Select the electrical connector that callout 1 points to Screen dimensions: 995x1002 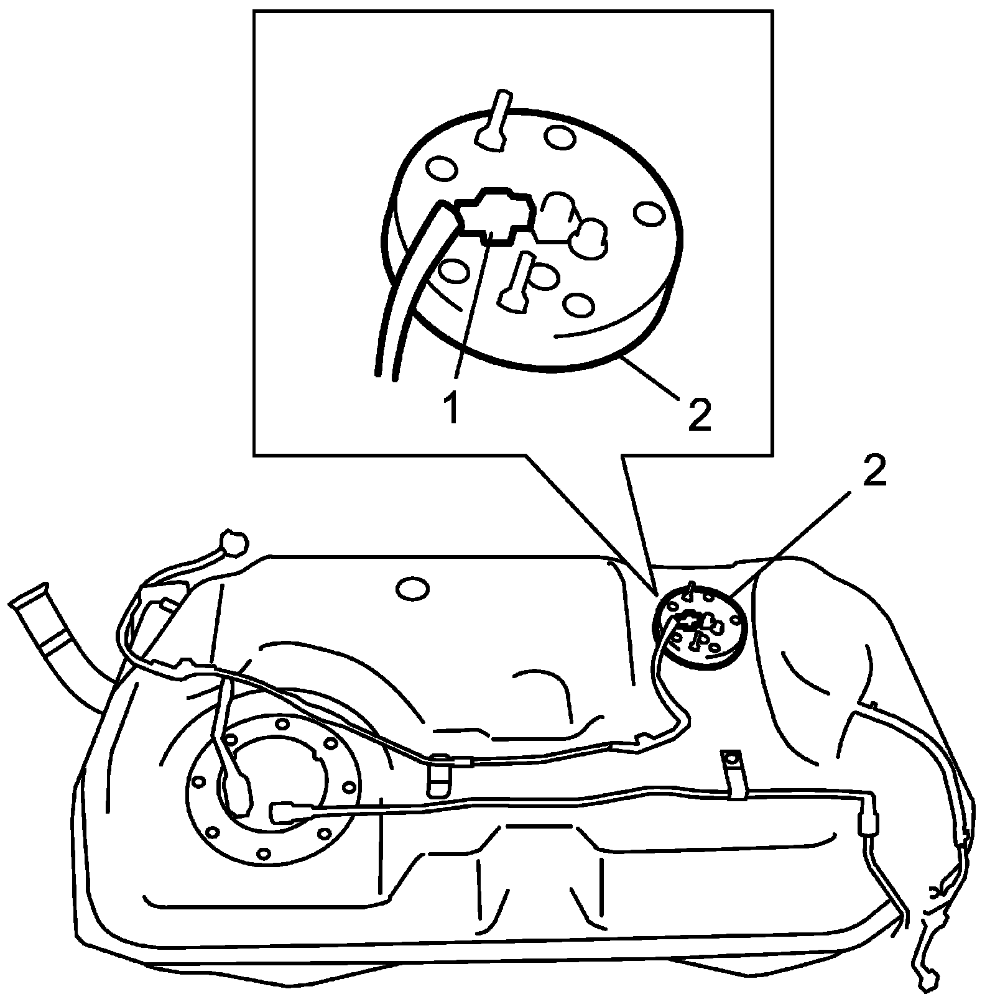[x=494, y=214]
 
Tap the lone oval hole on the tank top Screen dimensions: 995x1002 [x=412, y=589]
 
